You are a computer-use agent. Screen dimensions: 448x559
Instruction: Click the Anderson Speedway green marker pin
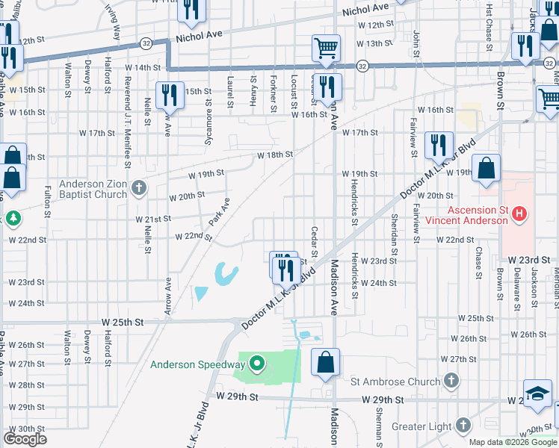pos(258,364)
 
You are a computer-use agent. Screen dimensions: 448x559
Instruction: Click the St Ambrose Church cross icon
pos(450,382)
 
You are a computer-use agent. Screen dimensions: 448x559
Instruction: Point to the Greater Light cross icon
pos(463,426)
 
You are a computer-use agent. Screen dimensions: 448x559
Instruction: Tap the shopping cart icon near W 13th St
pos(327,49)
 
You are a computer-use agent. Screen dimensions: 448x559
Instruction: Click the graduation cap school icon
pos(537,393)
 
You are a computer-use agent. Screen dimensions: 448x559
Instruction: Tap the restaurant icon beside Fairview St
pos(439,145)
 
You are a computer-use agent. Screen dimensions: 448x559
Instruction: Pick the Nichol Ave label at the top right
pos(366,8)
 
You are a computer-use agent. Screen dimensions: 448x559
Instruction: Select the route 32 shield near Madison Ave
pos(362,66)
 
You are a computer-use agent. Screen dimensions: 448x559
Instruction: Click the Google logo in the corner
pos(25,439)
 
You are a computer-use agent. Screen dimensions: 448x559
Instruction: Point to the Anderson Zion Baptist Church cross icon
pos(138,188)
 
